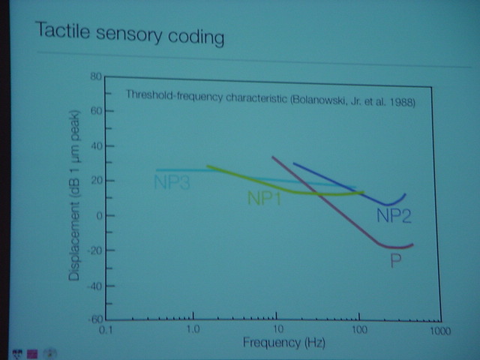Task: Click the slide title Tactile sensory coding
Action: tap(129, 34)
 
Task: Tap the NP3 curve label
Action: tap(172, 181)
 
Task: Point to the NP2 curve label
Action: tap(394, 217)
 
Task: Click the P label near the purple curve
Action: tap(394, 261)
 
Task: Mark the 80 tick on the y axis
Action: tap(95, 76)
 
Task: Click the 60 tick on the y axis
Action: tap(95, 111)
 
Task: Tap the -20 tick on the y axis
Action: tap(93, 250)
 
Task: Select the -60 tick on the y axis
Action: tap(93, 319)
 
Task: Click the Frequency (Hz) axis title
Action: tap(274, 343)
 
